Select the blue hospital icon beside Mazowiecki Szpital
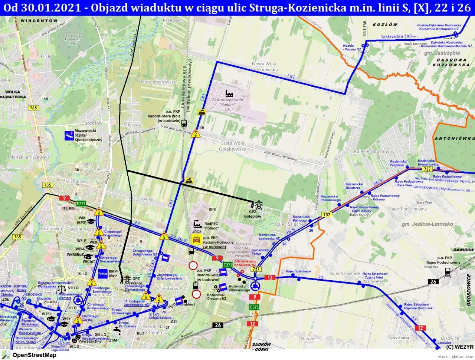coord(69,135)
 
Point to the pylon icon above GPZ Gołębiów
coord(258,204)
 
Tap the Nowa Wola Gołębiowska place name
coord(264,67)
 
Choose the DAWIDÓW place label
coord(463,250)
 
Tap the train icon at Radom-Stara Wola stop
coord(184,122)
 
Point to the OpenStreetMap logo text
coord(34,355)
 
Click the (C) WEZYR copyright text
coord(460,347)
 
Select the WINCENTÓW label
coord(39,21)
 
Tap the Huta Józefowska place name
coord(158,82)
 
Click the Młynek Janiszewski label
coord(28,157)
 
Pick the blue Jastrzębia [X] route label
coord(396,36)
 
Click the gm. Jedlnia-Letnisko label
coord(427,224)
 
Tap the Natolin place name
coord(308,338)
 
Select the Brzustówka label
coord(141,199)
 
